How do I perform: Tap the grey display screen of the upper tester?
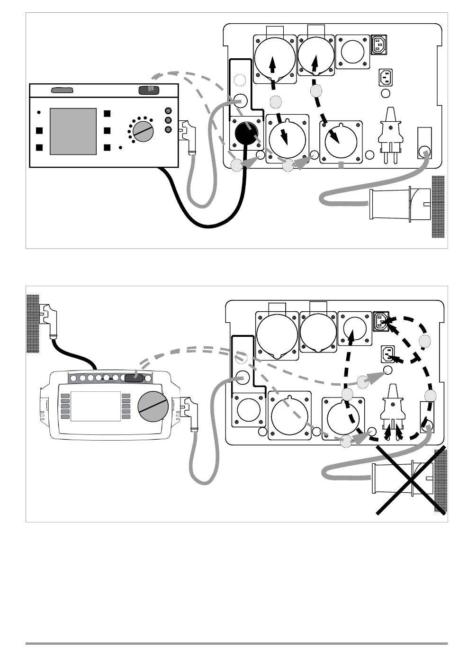[x=73, y=131]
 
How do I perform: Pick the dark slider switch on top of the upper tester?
[x=148, y=90]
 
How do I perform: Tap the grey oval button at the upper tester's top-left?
[x=62, y=90]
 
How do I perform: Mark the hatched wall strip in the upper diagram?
[x=438, y=207]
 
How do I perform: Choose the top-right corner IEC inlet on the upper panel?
[x=378, y=45]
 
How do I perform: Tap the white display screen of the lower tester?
[x=96, y=406]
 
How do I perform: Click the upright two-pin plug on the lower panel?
[x=393, y=410]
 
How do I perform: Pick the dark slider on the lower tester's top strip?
[x=134, y=378]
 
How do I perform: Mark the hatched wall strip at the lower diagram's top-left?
[x=32, y=323]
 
